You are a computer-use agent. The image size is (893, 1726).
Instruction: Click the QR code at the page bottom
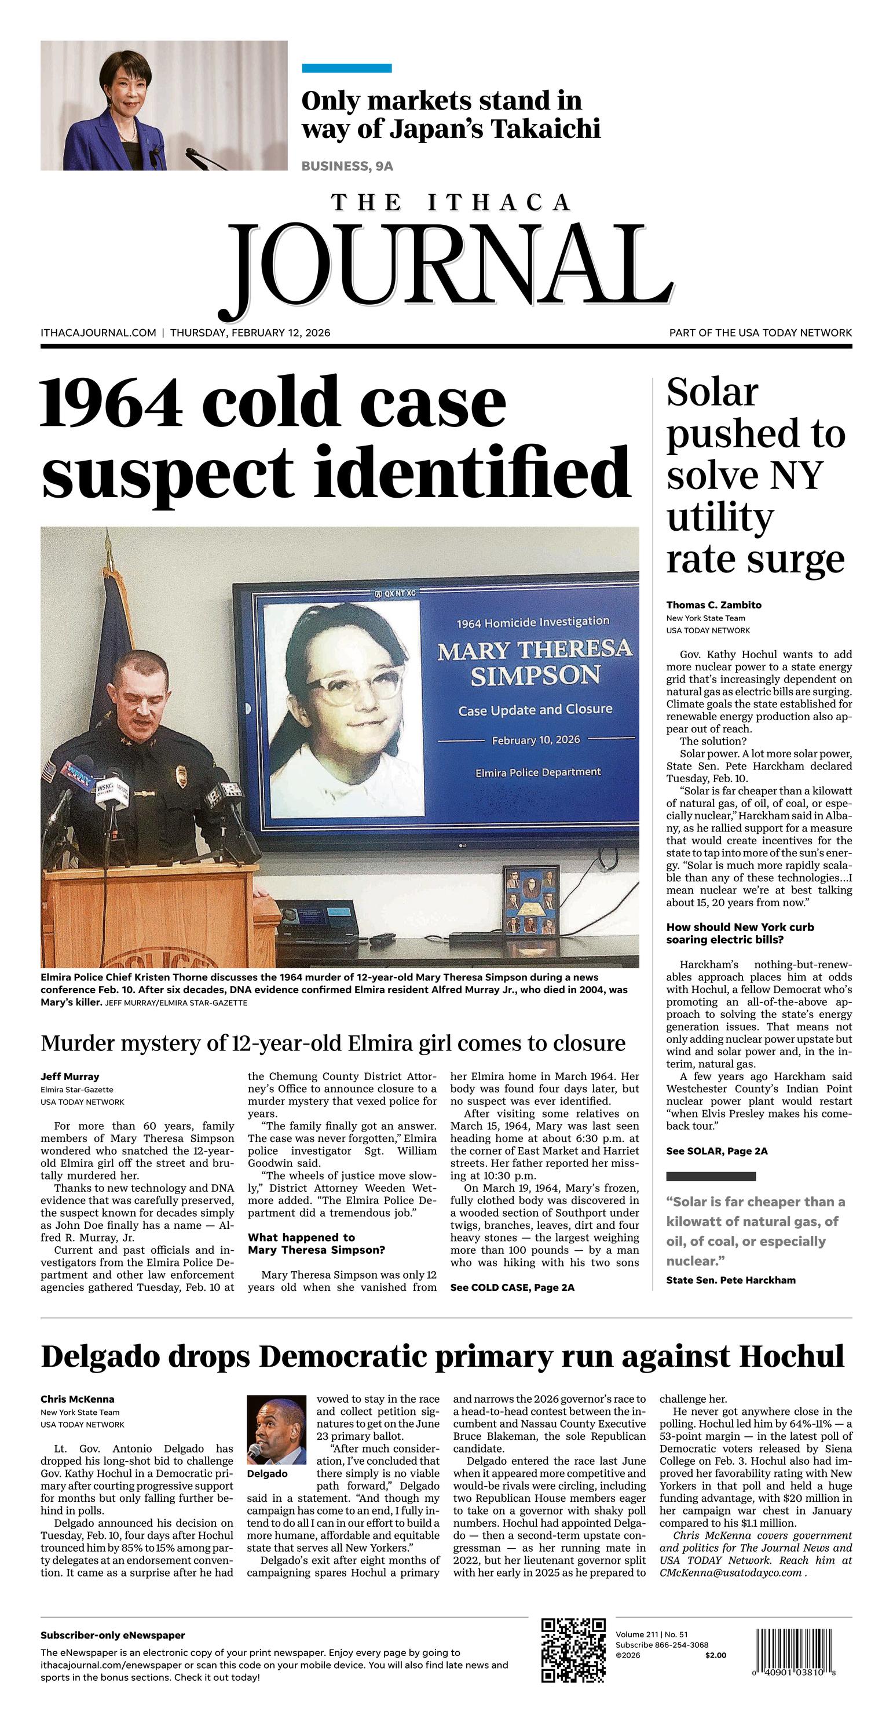point(573,1650)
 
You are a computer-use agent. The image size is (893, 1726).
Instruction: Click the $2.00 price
point(715,1655)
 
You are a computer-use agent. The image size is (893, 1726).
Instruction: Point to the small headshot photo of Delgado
point(277,1430)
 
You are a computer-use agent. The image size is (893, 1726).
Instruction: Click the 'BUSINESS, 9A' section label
point(347,166)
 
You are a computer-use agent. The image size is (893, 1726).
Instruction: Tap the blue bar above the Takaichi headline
point(346,68)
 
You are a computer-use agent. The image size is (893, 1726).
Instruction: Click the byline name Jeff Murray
point(69,1076)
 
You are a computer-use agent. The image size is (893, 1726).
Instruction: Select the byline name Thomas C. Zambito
point(713,605)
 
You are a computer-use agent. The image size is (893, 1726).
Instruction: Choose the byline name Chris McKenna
point(77,1399)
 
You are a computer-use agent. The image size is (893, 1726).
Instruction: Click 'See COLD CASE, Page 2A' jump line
point(512,1287)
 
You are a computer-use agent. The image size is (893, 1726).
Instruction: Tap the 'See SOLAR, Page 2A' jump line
point(716,1151)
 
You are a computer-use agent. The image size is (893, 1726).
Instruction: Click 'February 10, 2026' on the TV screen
point(536,740)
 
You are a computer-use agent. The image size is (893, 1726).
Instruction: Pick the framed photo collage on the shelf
point(530,900)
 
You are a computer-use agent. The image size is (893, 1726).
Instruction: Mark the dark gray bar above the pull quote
point(711,1176)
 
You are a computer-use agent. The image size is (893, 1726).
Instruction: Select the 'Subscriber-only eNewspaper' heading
point(112,1636)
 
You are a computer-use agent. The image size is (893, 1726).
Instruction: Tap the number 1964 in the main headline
point(112,403)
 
